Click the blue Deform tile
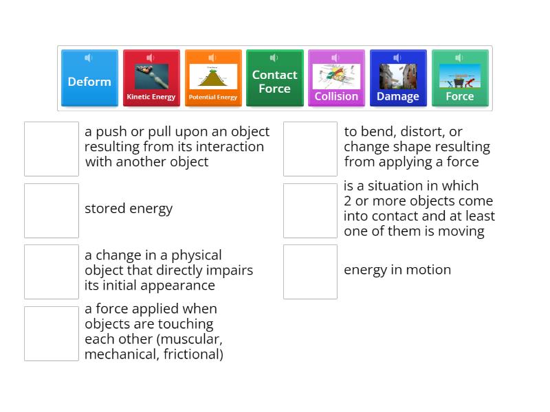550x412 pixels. click(89, 81)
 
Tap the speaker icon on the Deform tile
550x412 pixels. click(89, 58)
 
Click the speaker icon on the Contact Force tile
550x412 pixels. click(274, 58)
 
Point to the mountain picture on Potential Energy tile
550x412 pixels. click(213, 77)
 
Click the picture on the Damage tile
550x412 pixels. click(398, 76)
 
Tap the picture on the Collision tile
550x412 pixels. click(336, 76)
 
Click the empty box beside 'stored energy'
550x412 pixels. click(52, 210)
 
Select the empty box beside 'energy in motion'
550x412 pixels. click(310, 271)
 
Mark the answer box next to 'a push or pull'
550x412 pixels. click(52, 148)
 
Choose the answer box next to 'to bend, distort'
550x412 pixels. click(310, 148)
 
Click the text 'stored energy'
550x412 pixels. click(129, 209)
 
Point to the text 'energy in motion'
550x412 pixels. click(397, 270)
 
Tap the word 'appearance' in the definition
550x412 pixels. click(181, 286)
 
